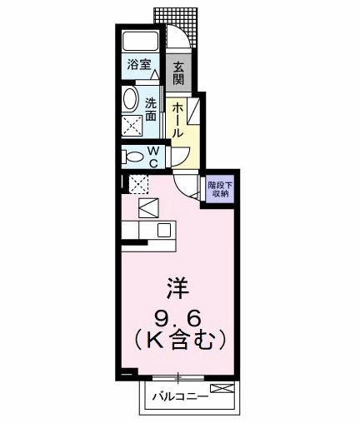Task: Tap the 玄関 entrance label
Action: (x=177, y=72)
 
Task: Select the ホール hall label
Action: (x=178, y=118)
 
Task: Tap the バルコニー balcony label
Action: (x=180, y=396)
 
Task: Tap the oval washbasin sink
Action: (x=132, y=100)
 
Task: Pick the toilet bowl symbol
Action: (x=132, y=157)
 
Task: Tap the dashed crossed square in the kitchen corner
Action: (x=138, y=183)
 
